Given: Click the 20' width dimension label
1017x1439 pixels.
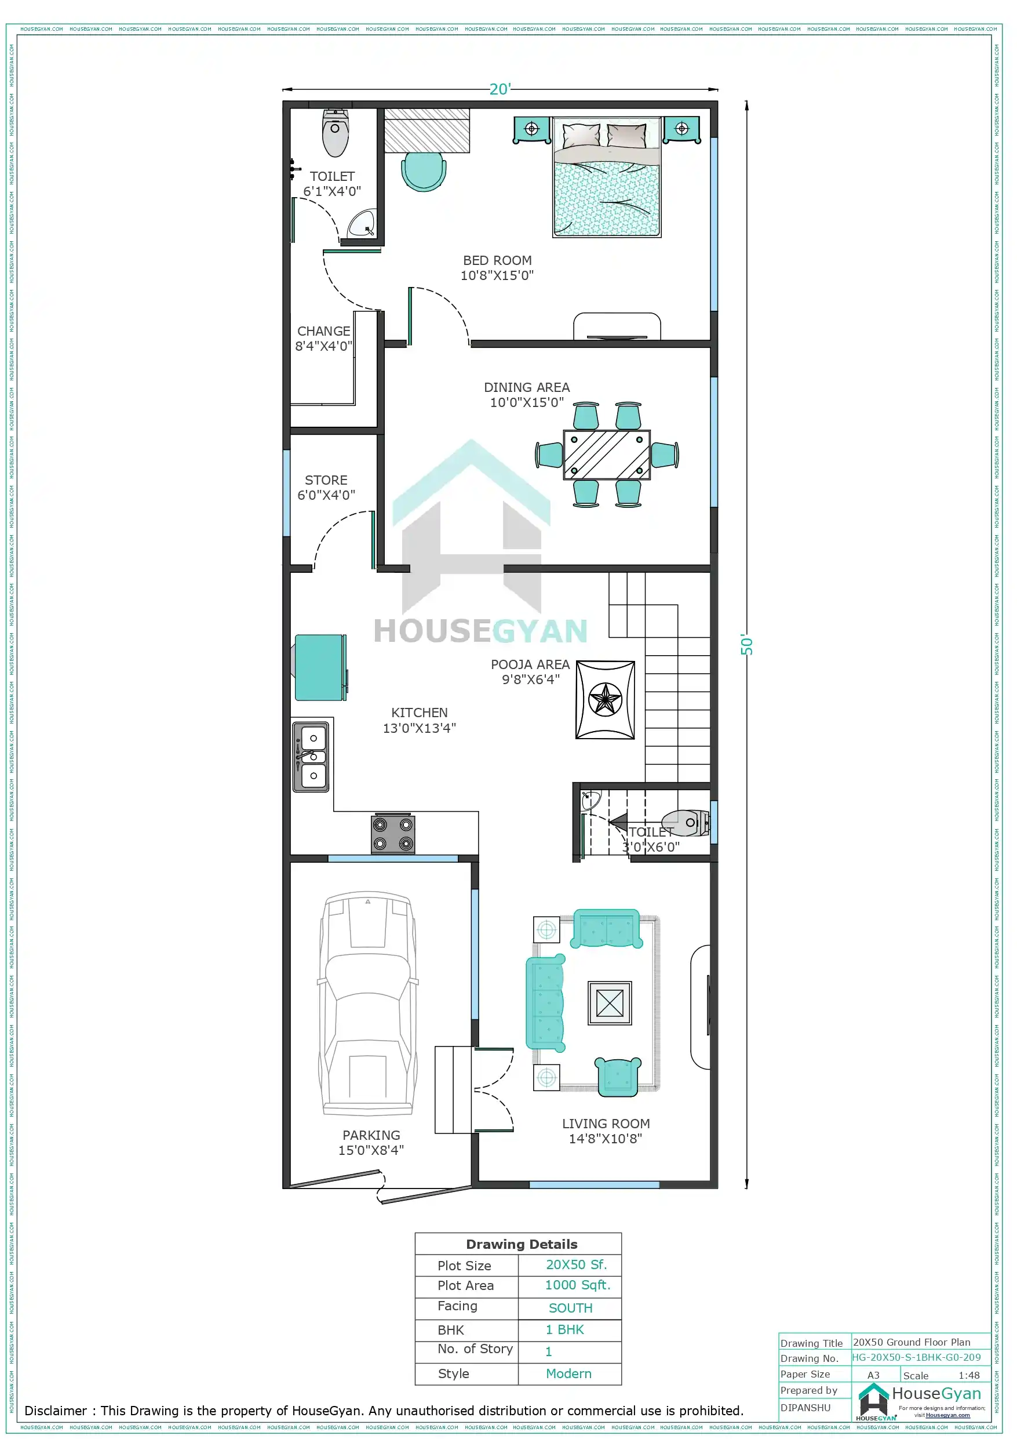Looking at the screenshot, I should coord(500,89).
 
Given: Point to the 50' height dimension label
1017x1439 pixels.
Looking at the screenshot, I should coord(746,644).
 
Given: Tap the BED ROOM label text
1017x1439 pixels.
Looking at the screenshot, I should coord(497,260).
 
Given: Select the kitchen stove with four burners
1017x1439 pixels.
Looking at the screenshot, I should coord(393,834).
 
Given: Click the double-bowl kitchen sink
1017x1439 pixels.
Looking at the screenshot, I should coord(311,757).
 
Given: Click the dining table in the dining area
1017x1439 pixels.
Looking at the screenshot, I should coord(606,455).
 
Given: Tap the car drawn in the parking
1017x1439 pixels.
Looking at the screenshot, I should coord(368,1003).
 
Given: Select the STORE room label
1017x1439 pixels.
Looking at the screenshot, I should coord(326,480).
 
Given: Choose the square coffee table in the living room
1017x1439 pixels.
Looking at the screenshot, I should coord(609,1003).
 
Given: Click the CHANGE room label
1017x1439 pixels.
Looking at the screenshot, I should coord(323,331).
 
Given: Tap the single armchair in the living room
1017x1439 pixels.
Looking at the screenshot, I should coord(617,1076).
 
